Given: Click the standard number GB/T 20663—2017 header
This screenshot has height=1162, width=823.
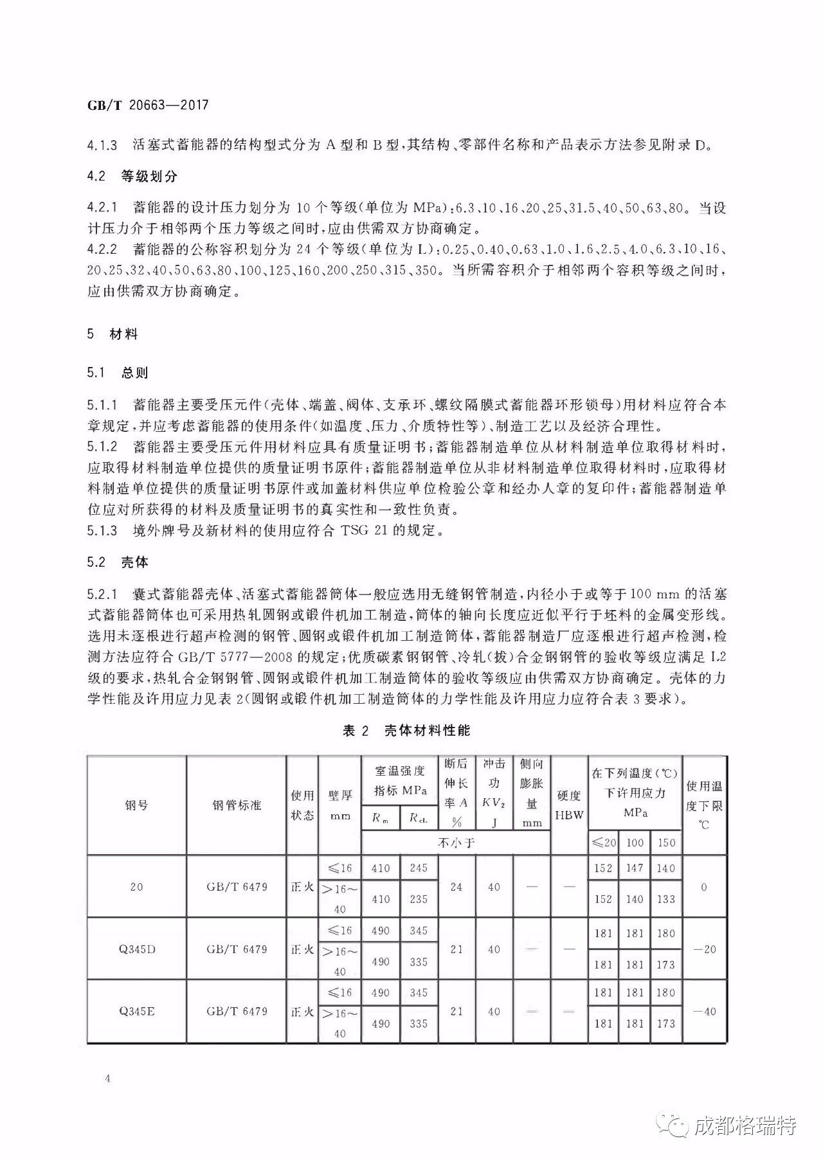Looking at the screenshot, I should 148,105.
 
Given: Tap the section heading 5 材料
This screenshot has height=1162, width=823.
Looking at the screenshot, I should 113,334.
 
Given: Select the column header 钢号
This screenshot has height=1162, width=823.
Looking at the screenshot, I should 136,805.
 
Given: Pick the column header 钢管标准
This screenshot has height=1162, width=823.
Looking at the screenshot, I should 237,805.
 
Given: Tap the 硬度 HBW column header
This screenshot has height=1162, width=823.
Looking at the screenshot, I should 569,805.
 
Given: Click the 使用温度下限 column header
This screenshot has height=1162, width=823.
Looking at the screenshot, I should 704,805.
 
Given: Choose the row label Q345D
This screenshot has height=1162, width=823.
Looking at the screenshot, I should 136,949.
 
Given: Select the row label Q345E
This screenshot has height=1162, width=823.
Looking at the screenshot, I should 136,1011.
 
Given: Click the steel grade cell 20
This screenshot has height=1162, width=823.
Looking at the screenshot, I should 136,887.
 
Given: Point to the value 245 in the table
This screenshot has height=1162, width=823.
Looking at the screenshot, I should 418,868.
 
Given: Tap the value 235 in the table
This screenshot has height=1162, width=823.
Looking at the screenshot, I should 418,899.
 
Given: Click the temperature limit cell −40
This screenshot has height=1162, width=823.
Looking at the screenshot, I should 704,1011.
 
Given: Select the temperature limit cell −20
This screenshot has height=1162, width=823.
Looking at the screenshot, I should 704,949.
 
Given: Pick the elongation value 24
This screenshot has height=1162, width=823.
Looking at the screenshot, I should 457,887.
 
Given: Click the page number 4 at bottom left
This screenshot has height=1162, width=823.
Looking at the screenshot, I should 107,1078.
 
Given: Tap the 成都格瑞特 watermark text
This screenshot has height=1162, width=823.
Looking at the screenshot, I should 746,1125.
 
